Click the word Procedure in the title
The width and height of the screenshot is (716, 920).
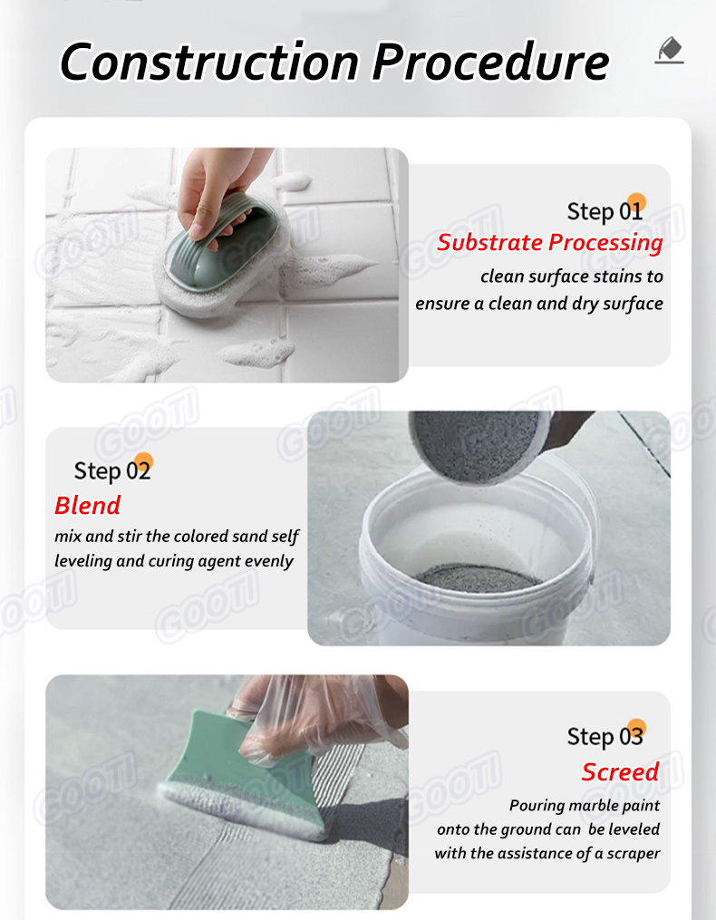tap(490, 62)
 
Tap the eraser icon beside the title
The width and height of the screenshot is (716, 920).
tap(669, 51)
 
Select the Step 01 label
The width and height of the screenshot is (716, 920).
tap(605, 211)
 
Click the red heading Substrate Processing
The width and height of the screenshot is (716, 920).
tap(549, 242)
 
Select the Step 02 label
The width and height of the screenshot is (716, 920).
tap(111, 470)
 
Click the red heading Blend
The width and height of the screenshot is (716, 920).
tap(87, 505)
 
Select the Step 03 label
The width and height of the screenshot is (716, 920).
tap(605, 736)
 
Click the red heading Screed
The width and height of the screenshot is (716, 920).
tap(620, 771)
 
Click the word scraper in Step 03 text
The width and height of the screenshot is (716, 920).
tap(629, 853)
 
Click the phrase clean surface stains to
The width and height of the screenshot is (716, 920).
tap(571, 276)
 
